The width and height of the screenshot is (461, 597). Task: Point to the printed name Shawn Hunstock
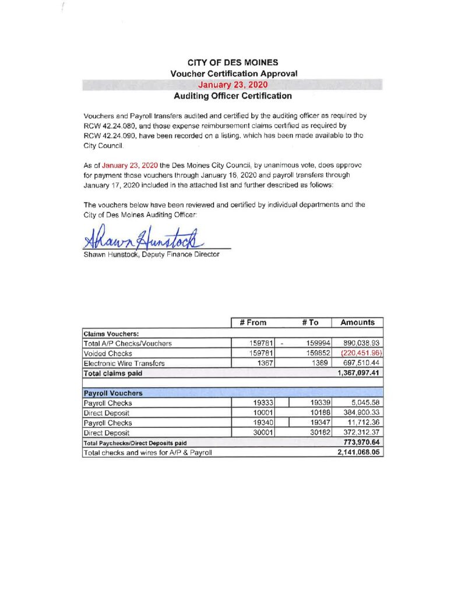pos(110,254)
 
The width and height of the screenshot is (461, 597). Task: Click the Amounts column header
pos(357,322)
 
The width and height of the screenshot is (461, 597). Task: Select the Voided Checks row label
pos(108,353)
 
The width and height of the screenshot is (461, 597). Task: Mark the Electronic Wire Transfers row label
pos(124,363)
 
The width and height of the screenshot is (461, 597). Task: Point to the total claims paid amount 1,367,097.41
pos(359,373)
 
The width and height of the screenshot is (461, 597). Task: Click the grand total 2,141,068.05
pos(359,452)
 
